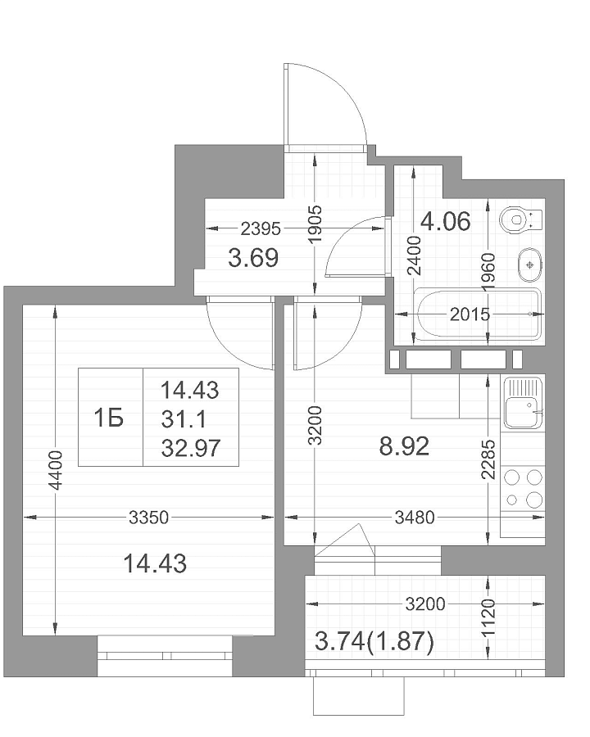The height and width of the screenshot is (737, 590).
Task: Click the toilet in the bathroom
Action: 521,219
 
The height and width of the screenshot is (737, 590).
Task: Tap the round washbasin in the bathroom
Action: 530,265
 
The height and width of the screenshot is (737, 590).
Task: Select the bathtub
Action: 478,314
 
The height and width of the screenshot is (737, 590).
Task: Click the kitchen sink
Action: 524,403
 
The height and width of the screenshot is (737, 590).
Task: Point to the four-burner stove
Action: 523,488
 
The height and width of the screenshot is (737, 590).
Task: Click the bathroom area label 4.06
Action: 445,221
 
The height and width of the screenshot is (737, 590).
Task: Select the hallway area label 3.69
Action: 253,258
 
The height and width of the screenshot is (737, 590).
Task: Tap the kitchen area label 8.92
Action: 404,446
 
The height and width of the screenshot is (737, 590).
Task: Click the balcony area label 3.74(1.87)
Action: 374,641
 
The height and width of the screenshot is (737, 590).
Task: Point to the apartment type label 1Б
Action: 109,418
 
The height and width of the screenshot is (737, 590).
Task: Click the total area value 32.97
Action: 191,448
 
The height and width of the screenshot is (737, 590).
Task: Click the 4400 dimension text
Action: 56,470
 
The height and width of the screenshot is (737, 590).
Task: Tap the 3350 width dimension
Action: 148,518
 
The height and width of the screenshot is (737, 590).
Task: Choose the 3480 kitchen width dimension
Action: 415,518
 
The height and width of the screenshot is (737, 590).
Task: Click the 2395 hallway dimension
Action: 261,229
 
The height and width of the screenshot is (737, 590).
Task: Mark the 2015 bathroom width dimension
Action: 470,314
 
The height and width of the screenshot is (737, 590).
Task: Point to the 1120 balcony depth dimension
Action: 489,617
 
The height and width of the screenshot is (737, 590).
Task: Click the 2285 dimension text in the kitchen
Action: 489,459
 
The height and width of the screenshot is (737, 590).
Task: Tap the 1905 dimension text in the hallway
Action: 315,224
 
